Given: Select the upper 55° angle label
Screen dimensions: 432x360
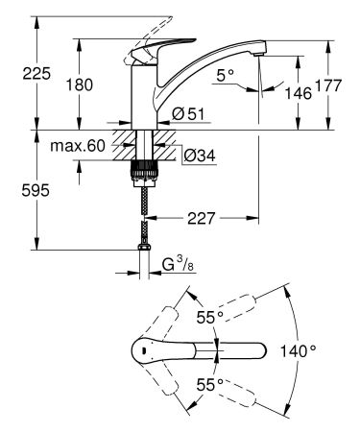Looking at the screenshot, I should [208, 317].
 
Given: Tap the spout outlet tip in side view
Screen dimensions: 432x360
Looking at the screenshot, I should [257, 60].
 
